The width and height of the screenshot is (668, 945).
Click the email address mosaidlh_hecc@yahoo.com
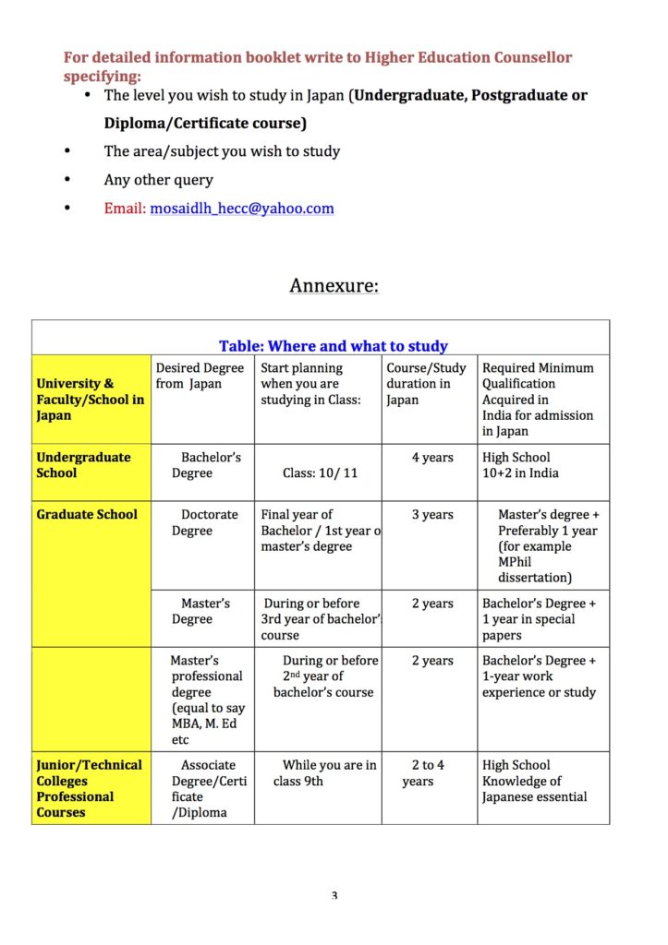click(242, 209)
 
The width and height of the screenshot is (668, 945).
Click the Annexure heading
click(334, 285)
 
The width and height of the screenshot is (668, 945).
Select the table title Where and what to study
click(333, 346)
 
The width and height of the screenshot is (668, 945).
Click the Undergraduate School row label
click(83, 465)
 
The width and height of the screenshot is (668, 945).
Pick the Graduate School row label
click(87, 515)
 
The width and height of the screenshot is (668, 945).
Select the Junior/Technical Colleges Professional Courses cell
click(89, 788)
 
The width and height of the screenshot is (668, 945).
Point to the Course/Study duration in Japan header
click(426, 384)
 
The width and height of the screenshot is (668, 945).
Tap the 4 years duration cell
click(431, 458)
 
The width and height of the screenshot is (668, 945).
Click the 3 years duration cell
click(431, 515)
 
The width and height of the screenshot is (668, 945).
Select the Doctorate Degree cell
click(205, 522)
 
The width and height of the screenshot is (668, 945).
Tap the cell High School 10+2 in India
click(520, 465)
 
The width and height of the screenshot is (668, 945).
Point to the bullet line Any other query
click(158, 180)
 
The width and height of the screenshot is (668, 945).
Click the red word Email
click(124, 209)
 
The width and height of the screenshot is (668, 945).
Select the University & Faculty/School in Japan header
click(90, 399)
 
